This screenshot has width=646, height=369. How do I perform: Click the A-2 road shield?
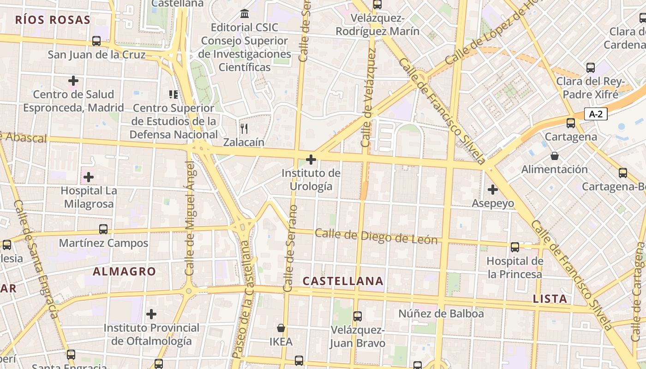coord(596,114)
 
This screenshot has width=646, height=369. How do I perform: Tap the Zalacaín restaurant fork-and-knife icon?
coord(244,128)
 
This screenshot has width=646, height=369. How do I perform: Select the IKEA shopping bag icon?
coord(281,328)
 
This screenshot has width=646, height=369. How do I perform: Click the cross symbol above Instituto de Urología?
coord(311,160)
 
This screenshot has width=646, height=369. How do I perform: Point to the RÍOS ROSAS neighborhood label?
coord(52,20)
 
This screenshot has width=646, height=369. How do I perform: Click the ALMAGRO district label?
coord(124,271)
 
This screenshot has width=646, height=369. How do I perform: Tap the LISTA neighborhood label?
coord(550,298)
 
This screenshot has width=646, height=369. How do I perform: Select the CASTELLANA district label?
coord(343,281)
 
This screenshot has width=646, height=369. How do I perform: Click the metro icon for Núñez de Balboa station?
coord(418,365)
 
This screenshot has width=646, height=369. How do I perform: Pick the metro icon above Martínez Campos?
coord(103,229)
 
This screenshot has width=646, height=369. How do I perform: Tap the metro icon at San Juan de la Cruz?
coord(96,41)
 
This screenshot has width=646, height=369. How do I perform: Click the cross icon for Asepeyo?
coord(492,189)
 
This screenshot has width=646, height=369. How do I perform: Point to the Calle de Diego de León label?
coord(376,237)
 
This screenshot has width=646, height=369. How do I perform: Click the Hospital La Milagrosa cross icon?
coord(89,177)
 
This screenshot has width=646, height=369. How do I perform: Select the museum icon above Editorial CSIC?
coord(245,13)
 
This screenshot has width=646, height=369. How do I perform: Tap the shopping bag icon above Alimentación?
coord(554,156)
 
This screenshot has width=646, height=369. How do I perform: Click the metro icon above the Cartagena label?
coord(571,123)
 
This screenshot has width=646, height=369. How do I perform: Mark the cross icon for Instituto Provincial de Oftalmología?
coord(151,315)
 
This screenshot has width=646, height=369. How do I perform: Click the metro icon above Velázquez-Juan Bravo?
coord(357,316)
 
